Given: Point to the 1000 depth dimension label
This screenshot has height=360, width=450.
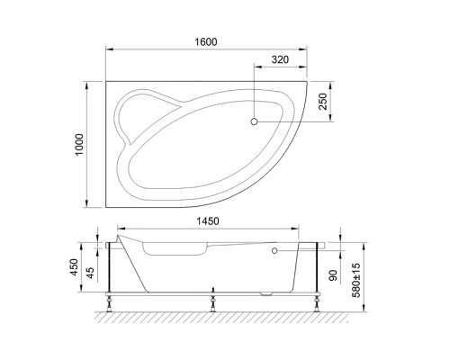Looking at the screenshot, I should click(79, 142).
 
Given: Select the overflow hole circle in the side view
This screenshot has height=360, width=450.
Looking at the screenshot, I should click(273, 252).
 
